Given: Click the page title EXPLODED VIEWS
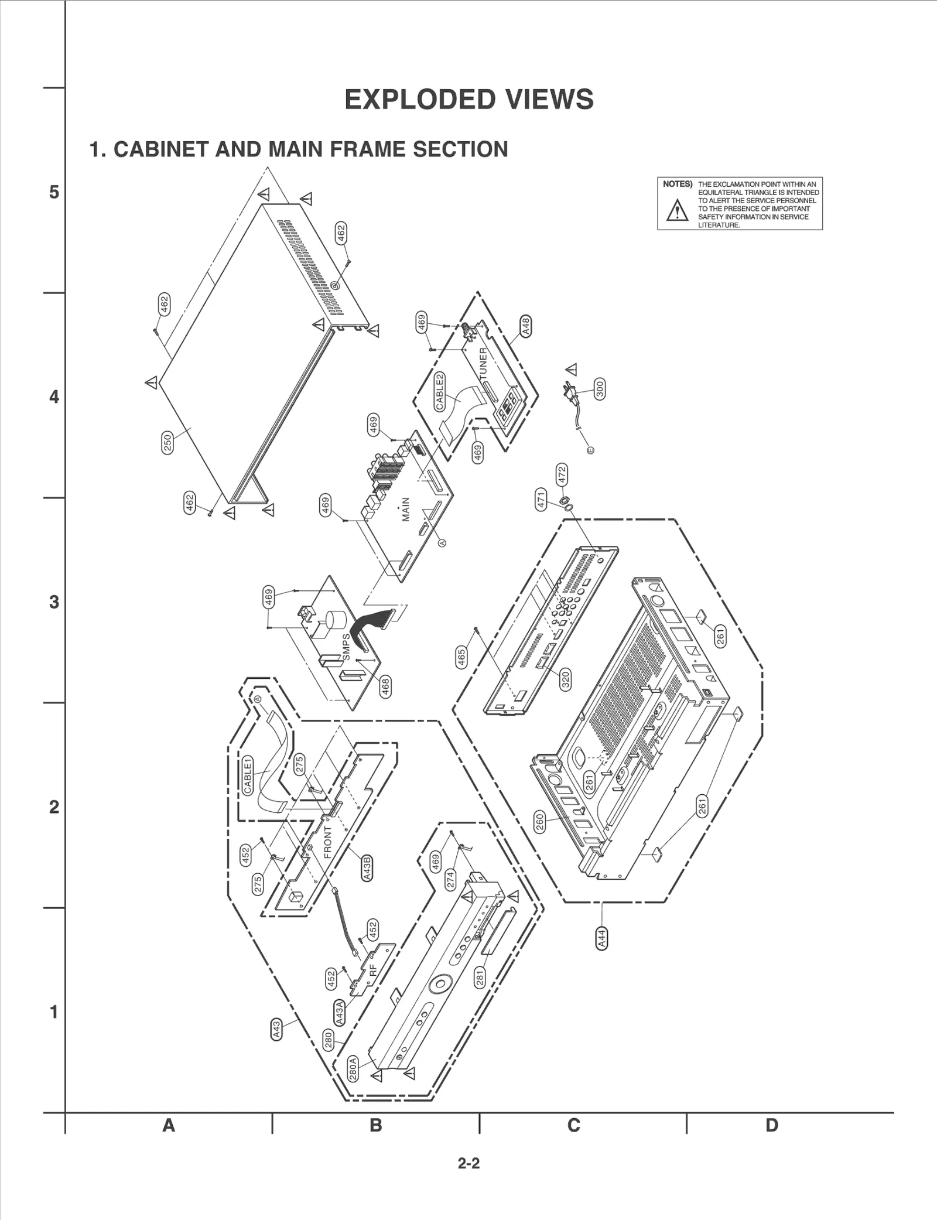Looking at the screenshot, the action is pos(468,100).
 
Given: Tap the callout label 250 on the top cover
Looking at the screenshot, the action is pos(167,443).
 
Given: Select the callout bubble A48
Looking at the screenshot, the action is pos(525,326).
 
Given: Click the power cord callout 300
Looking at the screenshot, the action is pos(599,389).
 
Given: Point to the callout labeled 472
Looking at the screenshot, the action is pos(562,474).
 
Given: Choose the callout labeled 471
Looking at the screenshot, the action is pos(541,499).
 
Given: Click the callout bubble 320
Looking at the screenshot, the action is pos(565,679).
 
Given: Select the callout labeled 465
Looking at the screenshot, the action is pos(461,657).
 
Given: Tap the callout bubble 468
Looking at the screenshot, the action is pos(385,686).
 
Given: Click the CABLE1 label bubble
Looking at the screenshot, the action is pos(248,775).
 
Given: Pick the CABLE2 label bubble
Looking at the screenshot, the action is pos(439,391).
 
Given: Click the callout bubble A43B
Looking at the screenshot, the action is pos(367,869).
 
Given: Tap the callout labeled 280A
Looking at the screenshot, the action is pos(353,1068).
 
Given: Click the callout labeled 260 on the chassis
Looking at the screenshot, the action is pos(540,822).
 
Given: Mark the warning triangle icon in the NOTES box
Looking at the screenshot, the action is pos(677,210).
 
